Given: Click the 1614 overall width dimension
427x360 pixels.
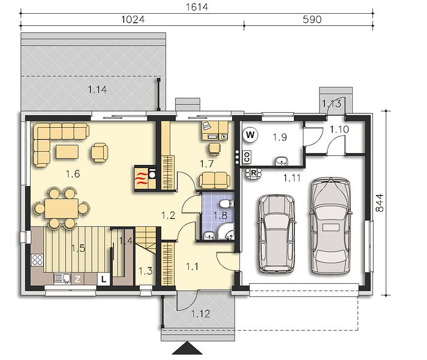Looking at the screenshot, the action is (197, 7).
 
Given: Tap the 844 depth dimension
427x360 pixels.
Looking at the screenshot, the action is (380, 203).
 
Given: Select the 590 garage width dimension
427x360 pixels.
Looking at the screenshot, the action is (312, 19).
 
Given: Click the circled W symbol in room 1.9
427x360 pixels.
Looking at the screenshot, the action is (251, 134).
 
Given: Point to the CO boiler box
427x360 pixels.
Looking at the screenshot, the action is (247, 157).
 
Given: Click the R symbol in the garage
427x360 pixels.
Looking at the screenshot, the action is (254, 173).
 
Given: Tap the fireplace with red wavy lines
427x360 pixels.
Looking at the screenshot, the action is (142, 178).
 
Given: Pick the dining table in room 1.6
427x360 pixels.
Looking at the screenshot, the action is (62, 208).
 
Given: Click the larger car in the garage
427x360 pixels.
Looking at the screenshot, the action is (330, 225).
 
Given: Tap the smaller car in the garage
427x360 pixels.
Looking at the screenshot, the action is (276, 233).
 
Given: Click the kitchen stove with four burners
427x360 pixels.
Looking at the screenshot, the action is (37, 260).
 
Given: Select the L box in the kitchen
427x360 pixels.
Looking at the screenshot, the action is (103, 280).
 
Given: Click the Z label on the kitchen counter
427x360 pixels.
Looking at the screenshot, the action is (77, 279).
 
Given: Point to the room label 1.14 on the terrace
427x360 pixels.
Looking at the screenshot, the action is (97, 89).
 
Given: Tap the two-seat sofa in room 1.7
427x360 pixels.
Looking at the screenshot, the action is (215, 180).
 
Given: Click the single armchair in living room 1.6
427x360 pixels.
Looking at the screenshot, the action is (100, 152).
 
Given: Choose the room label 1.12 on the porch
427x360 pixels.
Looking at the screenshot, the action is (200, 314).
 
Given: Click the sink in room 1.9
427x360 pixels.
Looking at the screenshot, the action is (281, 161).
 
